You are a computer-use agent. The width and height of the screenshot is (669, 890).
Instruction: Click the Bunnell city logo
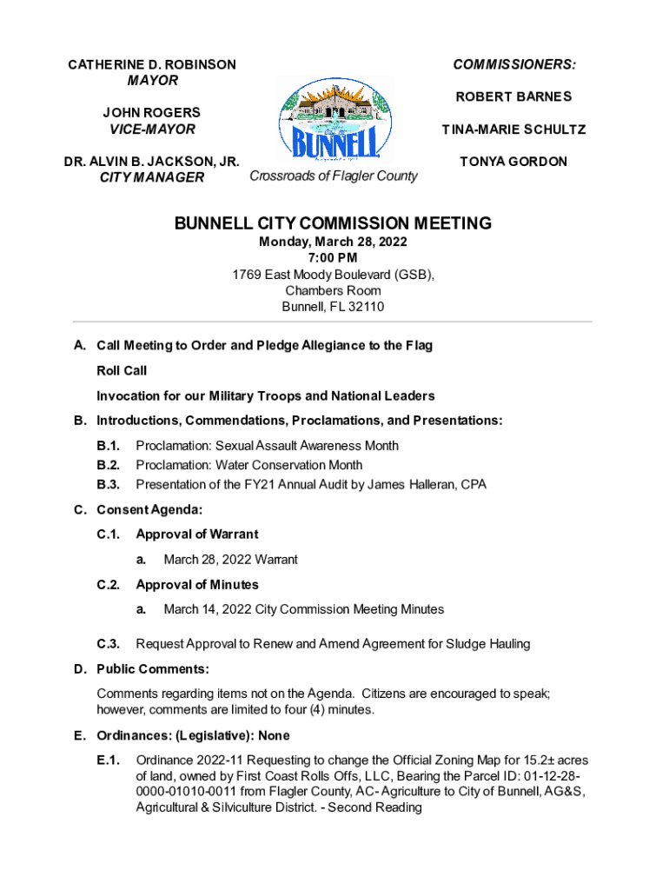click(334, 119)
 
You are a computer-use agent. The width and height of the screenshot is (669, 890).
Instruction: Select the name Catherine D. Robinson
click(152, 64)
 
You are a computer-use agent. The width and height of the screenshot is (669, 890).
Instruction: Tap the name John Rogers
click(152, 112)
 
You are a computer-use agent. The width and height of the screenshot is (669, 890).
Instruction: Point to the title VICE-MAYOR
click(152, 130)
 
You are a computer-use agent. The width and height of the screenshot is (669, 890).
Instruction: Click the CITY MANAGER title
click(152, 177)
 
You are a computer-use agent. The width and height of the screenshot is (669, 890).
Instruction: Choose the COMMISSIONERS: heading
click(514, 64)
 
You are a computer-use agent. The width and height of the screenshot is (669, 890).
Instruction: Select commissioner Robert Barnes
click(514, 96)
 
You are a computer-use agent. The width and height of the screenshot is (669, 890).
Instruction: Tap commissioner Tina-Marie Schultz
click(514, 130)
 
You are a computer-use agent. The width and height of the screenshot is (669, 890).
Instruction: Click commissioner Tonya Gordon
click(514, 162)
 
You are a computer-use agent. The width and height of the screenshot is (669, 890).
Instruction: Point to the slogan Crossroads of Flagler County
click(334, 176)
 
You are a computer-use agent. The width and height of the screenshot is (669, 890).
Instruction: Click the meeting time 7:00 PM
click(333, 258)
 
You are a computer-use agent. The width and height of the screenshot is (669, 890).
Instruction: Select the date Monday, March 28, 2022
click(333, 242)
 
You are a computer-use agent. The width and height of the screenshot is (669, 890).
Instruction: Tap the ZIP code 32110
click(366, 307)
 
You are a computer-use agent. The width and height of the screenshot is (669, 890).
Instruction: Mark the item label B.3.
click(108, 484)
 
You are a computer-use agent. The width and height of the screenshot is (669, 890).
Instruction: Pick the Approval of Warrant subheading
click(197, 534)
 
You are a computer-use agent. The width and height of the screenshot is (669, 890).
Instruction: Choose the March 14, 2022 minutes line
click(303, 609)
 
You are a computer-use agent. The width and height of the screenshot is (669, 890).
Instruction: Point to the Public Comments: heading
click(153, 668)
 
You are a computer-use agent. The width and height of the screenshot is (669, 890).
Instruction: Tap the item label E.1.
click(108, 760)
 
